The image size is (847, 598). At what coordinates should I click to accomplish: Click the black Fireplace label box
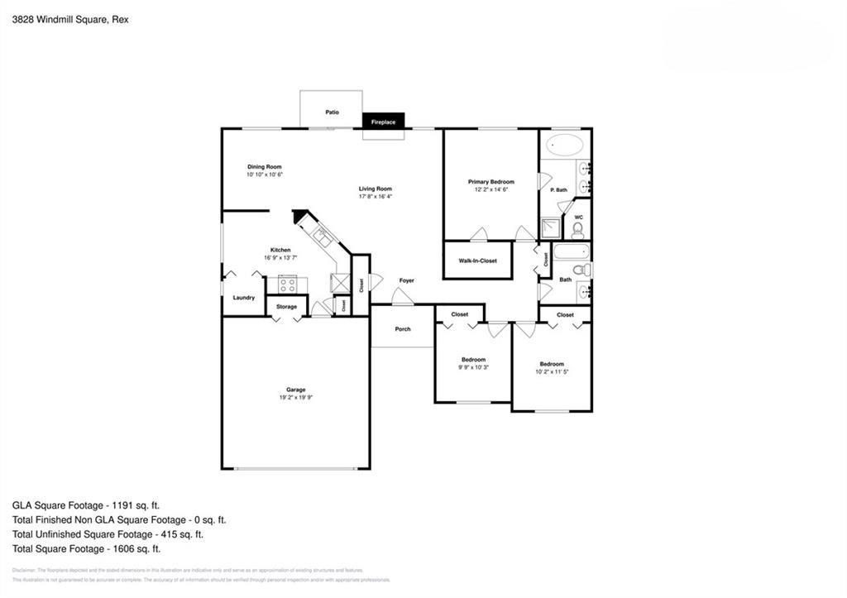click(383, 122)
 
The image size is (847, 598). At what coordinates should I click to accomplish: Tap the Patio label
click(332, 112)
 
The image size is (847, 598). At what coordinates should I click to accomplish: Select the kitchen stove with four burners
click(287, 285)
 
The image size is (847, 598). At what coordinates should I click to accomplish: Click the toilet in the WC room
click(578, 229)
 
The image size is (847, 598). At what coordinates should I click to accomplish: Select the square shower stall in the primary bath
click(549, 229)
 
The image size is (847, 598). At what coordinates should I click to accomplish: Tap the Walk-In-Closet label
click(477, 261)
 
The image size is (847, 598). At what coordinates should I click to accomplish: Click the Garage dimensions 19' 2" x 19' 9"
click(296, 398)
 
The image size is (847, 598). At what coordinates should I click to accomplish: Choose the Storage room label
click(286, 307)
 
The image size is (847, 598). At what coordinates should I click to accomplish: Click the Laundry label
click(243, 298)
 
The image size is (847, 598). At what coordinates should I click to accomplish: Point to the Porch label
click(403, 329)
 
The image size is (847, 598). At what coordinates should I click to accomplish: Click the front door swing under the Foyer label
click(403, 297)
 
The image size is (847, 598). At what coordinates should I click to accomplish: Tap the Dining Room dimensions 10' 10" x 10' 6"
click(264, 175)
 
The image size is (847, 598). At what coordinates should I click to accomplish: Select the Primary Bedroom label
click(490, 182)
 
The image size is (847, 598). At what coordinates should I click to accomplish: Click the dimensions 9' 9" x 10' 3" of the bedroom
click(473, 367)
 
